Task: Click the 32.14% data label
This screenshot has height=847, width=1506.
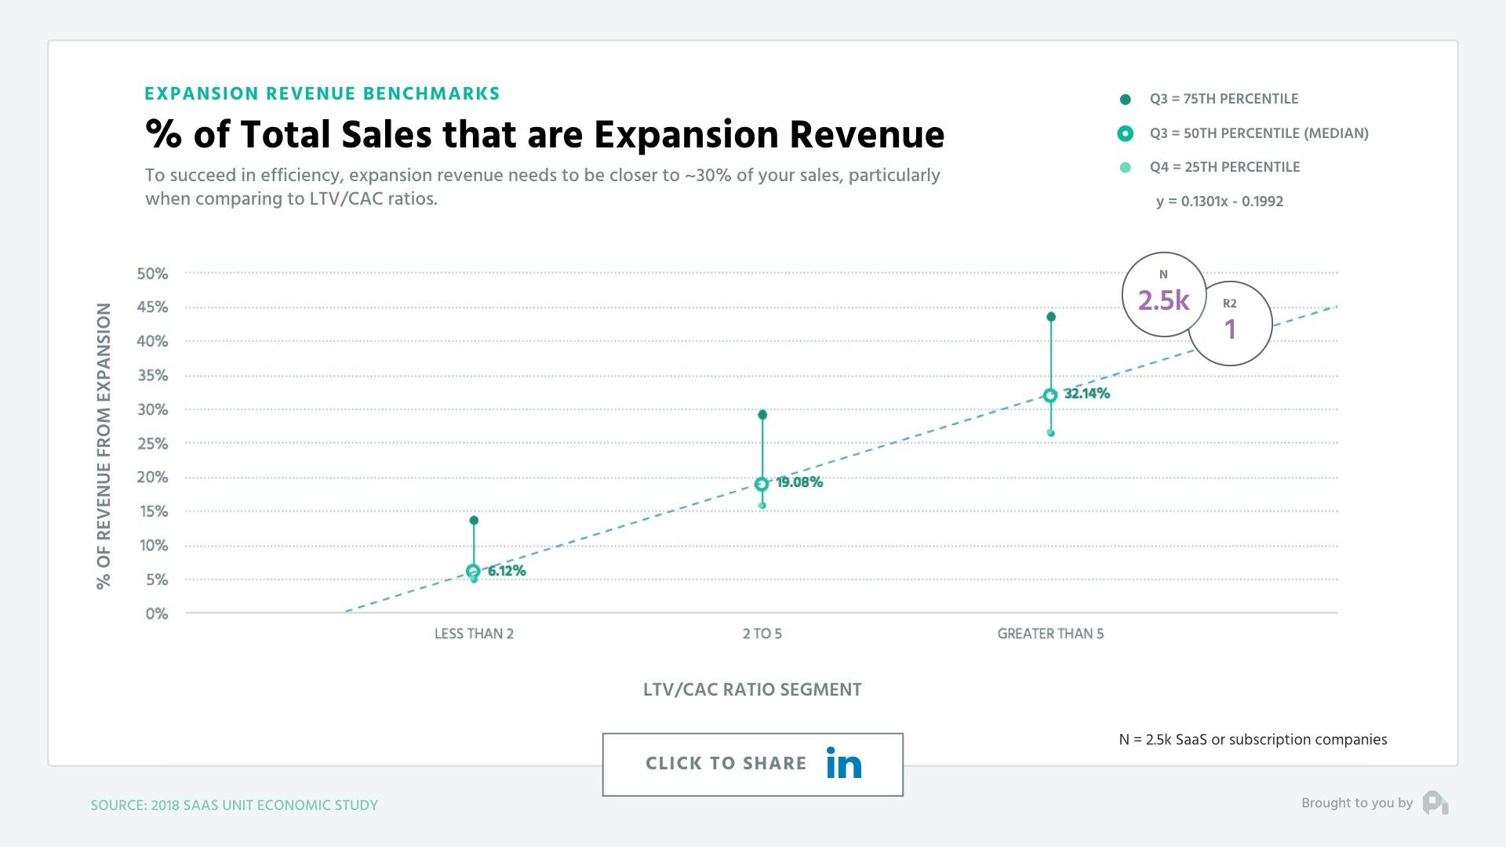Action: click(1086, 394)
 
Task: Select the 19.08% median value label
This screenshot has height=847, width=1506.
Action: click(799, 482)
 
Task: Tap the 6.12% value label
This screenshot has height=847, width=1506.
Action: click(507, 571)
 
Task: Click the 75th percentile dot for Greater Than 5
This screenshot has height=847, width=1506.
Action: click(1051, 317)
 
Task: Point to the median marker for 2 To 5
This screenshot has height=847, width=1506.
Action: click(762, 485)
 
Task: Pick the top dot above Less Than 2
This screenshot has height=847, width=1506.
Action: click(474, 521)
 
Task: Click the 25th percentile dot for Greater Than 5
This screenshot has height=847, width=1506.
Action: click(1051, 433)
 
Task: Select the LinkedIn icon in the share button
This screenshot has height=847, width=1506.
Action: click(844, 764)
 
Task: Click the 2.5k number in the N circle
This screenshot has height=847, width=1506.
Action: click(1163, 300)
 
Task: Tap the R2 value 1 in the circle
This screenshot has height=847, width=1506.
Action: click(1230, 329)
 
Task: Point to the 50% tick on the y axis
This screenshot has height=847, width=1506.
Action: click(152, 274)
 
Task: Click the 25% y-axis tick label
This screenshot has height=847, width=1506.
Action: click(152, 444)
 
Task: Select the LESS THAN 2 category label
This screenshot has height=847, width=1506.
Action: click(474, 634)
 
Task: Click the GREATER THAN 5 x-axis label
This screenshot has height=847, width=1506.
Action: click(1050, 634)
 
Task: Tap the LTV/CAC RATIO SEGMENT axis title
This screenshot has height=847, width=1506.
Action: click(752, 690)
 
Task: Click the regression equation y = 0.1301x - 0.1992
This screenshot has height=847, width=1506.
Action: click(1219, 202)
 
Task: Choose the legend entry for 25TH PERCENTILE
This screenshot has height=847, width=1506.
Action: click(1224, 167)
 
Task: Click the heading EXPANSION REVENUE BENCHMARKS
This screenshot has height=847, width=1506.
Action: click(322, 94)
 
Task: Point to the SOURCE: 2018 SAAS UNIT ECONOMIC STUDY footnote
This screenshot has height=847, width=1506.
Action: click(234, 805)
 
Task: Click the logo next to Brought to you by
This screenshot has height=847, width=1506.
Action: click(1435, 803)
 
